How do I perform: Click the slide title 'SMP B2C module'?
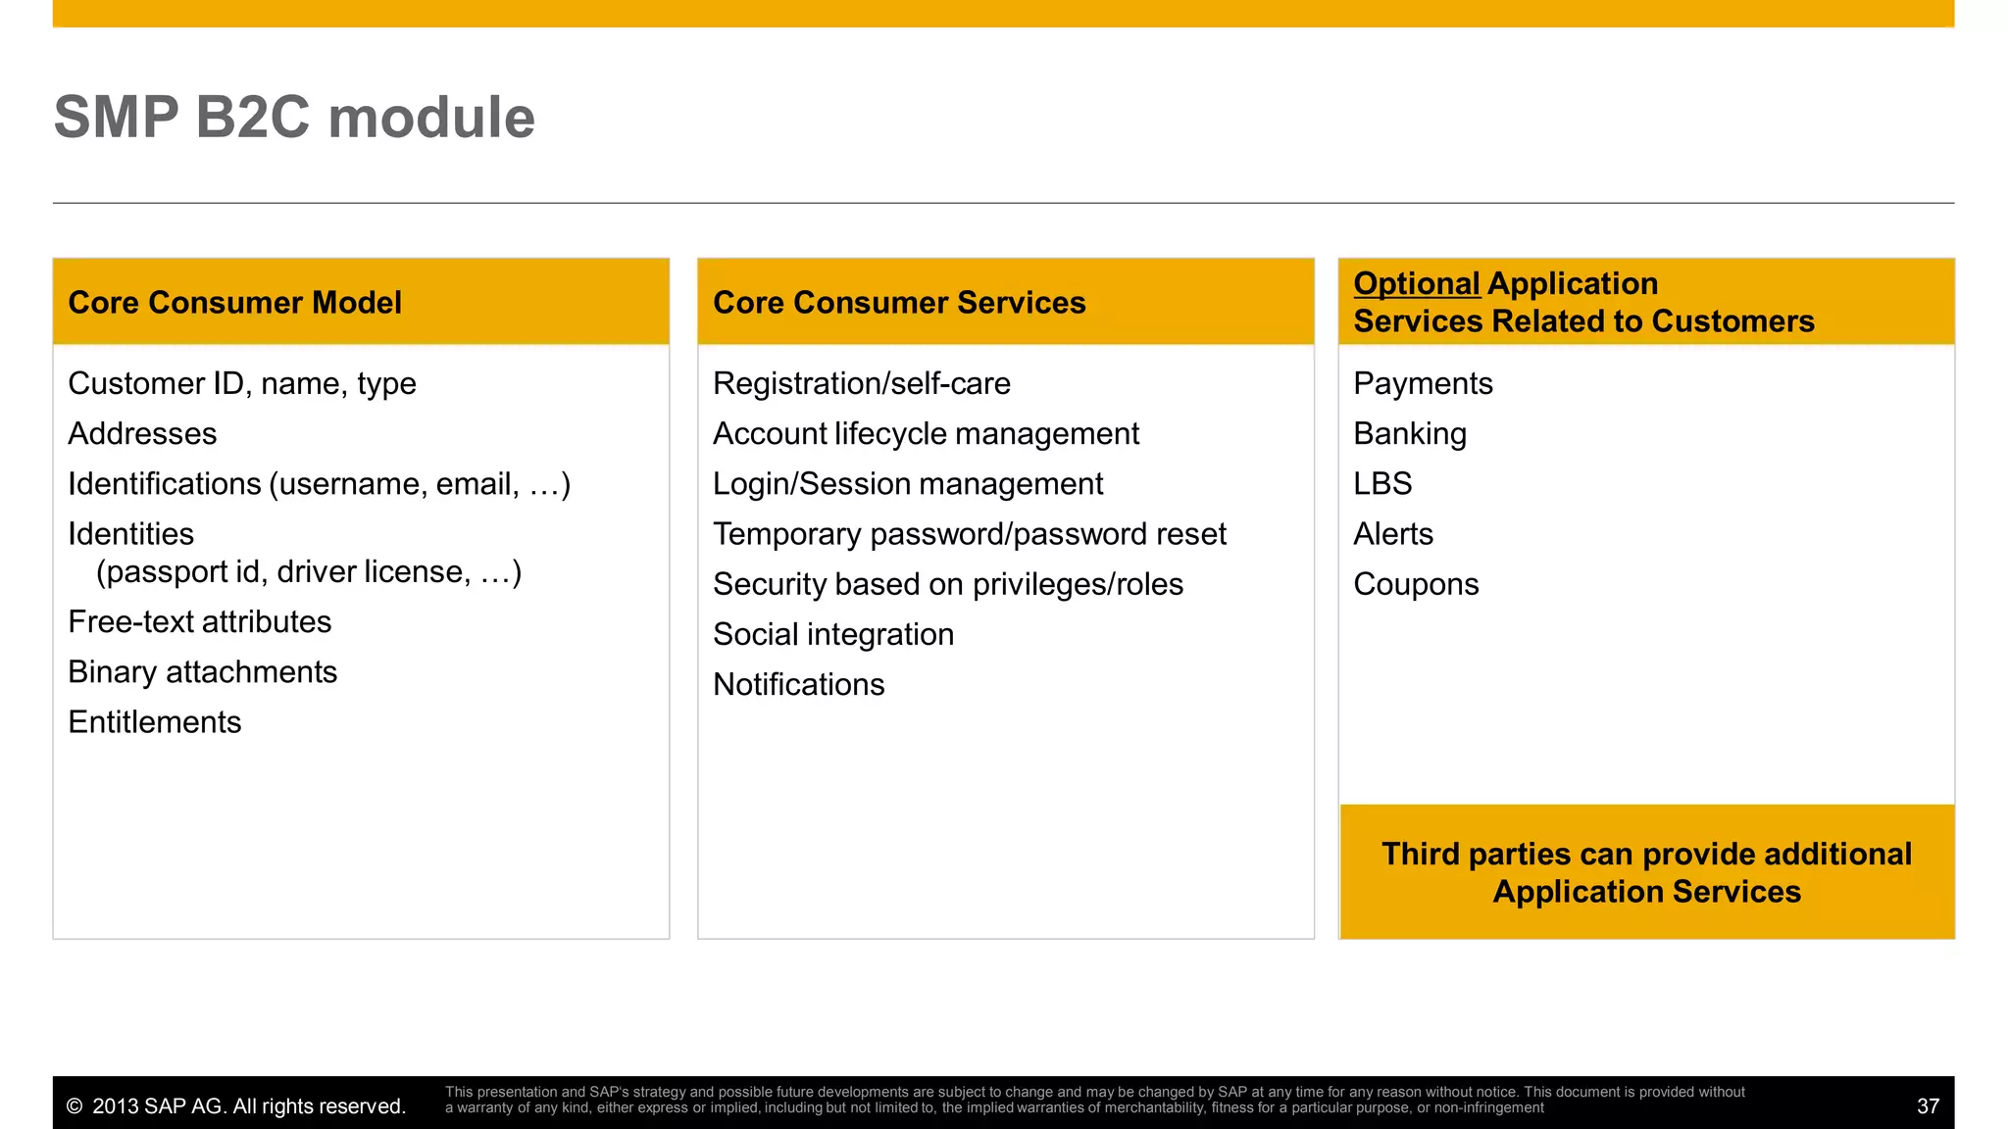coord(294,118)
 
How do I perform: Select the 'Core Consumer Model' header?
coord(234,303)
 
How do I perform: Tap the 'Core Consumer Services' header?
coord(899,303)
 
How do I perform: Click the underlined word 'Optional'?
coord(1416,283)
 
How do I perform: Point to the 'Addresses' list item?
coord(142,433)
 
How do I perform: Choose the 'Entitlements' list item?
coord(154,722)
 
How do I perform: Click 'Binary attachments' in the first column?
coord(202,672)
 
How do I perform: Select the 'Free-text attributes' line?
coord(199,622)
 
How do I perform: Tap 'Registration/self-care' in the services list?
coord(861,383)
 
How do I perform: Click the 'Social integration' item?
coord(832,634)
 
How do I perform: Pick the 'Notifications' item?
coord(798,684)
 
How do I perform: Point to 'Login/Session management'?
coord(907,484)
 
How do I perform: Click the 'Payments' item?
coord(1423,383)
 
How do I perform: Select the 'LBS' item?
coord(1382,484)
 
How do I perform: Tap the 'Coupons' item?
coord(1416,584)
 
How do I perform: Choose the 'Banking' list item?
coord(1410,433)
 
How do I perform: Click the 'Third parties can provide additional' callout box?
coord(1646,872)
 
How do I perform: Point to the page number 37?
coord(1928,1106)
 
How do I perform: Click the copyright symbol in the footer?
coord(75,1106)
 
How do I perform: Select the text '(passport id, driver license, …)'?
coord(308,572)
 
